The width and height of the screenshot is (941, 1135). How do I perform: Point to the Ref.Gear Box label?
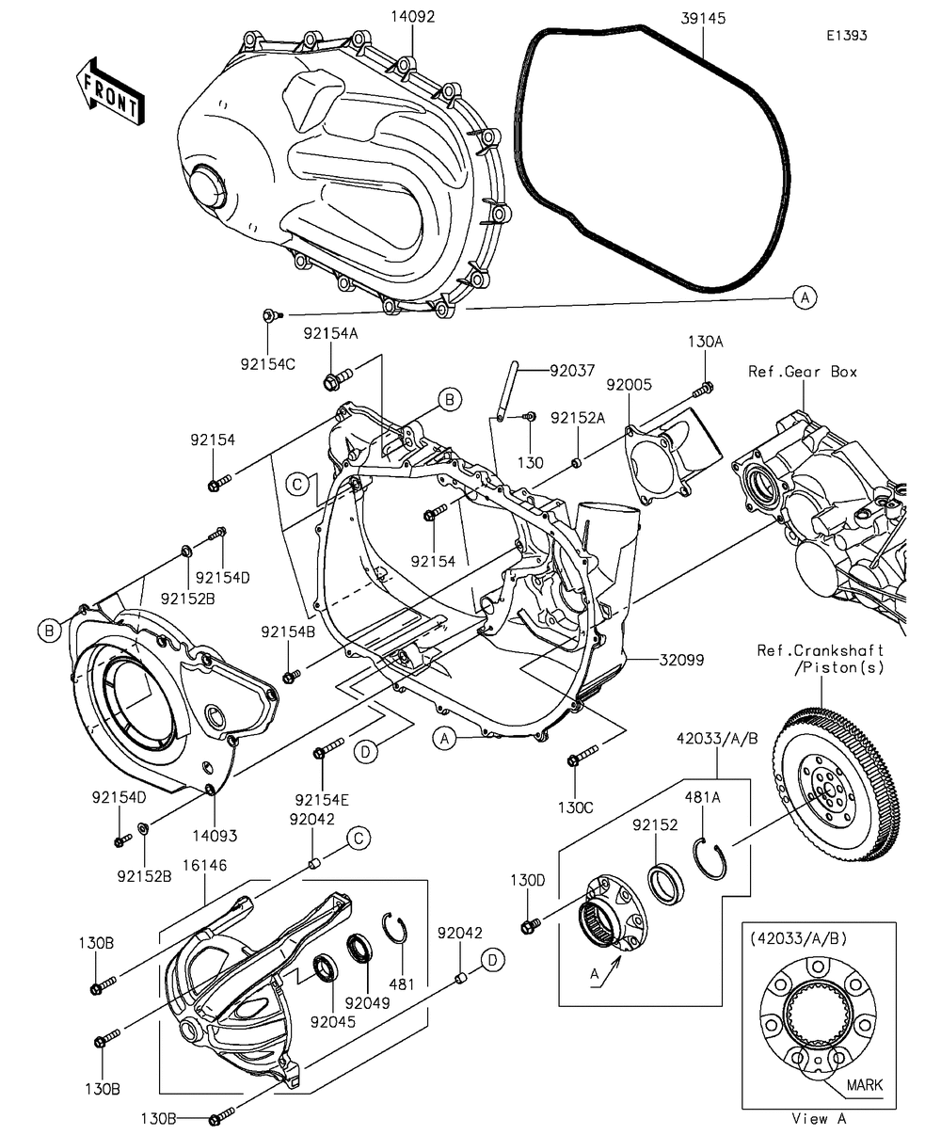803,372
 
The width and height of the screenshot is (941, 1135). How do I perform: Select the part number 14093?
215,834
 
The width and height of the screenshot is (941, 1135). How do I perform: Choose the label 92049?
367,1002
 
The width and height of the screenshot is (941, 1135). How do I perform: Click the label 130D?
528,881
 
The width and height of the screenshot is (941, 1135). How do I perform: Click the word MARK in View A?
864,1084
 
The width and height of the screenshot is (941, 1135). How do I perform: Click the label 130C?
574,807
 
